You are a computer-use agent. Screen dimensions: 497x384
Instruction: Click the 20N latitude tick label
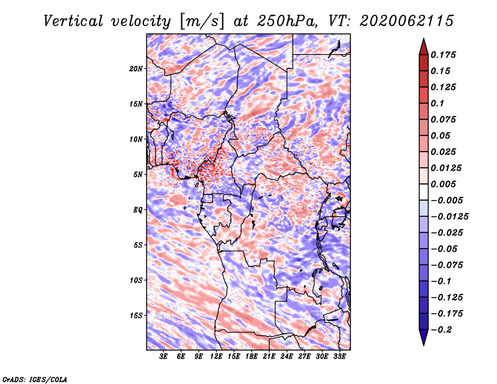(x=136, y=69)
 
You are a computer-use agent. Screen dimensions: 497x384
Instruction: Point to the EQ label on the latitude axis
(x=138, y=210)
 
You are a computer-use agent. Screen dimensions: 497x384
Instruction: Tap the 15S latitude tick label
(x=136, y=316)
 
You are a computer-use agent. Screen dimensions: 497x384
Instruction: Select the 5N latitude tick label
(x=138, y=175)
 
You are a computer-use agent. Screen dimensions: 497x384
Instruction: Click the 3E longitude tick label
(x=163, y=357)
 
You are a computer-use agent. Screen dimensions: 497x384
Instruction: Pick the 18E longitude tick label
(x=252, y=357)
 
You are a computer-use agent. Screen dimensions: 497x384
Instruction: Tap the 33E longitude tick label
(x=339, y=357)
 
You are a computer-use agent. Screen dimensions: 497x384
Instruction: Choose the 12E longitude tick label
(x=216, y=357)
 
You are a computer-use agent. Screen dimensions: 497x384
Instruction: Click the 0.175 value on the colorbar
(x=443, y=55)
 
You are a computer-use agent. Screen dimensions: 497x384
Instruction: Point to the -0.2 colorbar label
(x=442, y=330)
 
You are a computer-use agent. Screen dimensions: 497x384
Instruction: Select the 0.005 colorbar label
(x=443, y=184)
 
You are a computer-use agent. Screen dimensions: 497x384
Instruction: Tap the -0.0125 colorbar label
(x=450, y=217)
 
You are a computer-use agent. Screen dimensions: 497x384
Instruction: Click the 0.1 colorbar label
(x=437, y=103)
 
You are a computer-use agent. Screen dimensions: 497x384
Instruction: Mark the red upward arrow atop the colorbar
(x=424, y=47)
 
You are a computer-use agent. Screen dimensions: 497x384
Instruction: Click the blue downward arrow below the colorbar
(x=424, y=337)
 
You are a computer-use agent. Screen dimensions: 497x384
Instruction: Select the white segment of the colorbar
(x=424, y=192)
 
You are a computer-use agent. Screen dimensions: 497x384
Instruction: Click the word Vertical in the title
(x=73, y=21)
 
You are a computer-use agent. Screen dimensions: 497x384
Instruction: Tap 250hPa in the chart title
(x=287, y=21)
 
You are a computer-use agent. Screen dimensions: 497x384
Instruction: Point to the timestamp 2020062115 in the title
(x=407, y=21)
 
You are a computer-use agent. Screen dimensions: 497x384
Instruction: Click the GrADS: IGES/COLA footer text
(x=35, y=380)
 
